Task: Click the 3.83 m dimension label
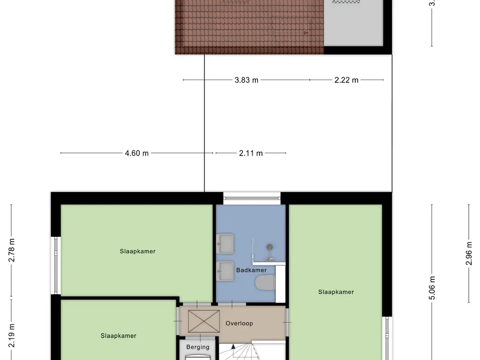tap(247, 80)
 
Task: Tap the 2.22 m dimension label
tap(346, 80)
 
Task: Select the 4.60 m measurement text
tap(137, 153)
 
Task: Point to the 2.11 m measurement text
tap(251, 153)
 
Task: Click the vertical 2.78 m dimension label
tap(12, 251)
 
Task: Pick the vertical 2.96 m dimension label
tap(469, 254)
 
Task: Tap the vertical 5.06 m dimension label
tap(432, 287)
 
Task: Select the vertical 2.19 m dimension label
tap(12, 336)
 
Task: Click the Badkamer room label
tap(251, 270)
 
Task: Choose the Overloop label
tap(239, 323)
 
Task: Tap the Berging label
tap(198, 347)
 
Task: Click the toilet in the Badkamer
tap(265, 283)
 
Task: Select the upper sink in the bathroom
tap(227, 243)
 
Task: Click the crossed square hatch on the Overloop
tap(203, 322)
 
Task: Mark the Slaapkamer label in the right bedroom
tap(336, 292)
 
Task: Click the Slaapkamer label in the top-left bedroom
tap(137, 251)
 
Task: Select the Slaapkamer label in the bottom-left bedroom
tap(118, 336)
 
